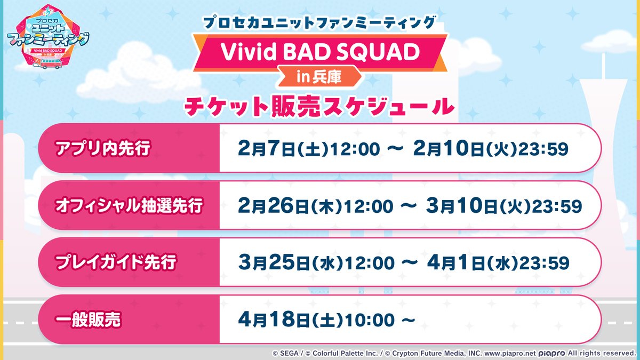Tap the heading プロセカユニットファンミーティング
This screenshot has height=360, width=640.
coord(320,23)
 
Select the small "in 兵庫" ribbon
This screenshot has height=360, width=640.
coord(319,76)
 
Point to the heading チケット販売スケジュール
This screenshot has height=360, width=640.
coord(319,106)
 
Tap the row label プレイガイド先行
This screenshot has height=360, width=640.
coord(115,262)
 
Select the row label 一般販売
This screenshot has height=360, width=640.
coord(88,319)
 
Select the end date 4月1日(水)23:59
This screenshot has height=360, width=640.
coord(491,262)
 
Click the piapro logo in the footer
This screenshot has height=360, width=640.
coord(551,353)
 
